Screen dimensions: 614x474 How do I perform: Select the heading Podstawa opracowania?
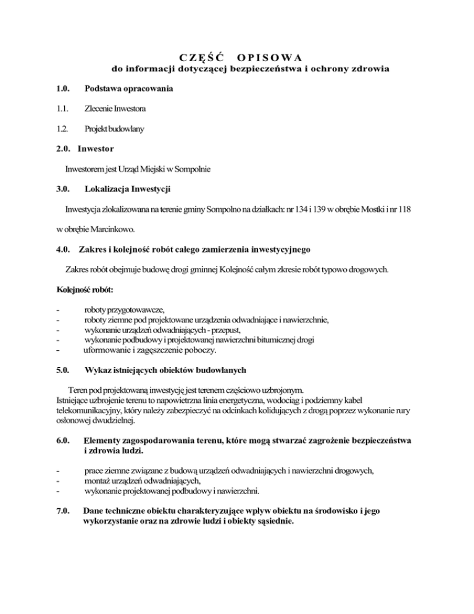coord(128,89)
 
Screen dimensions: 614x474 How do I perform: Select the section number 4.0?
coord(64,250)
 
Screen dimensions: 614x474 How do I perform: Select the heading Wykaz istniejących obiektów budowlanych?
coord(165,371)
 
